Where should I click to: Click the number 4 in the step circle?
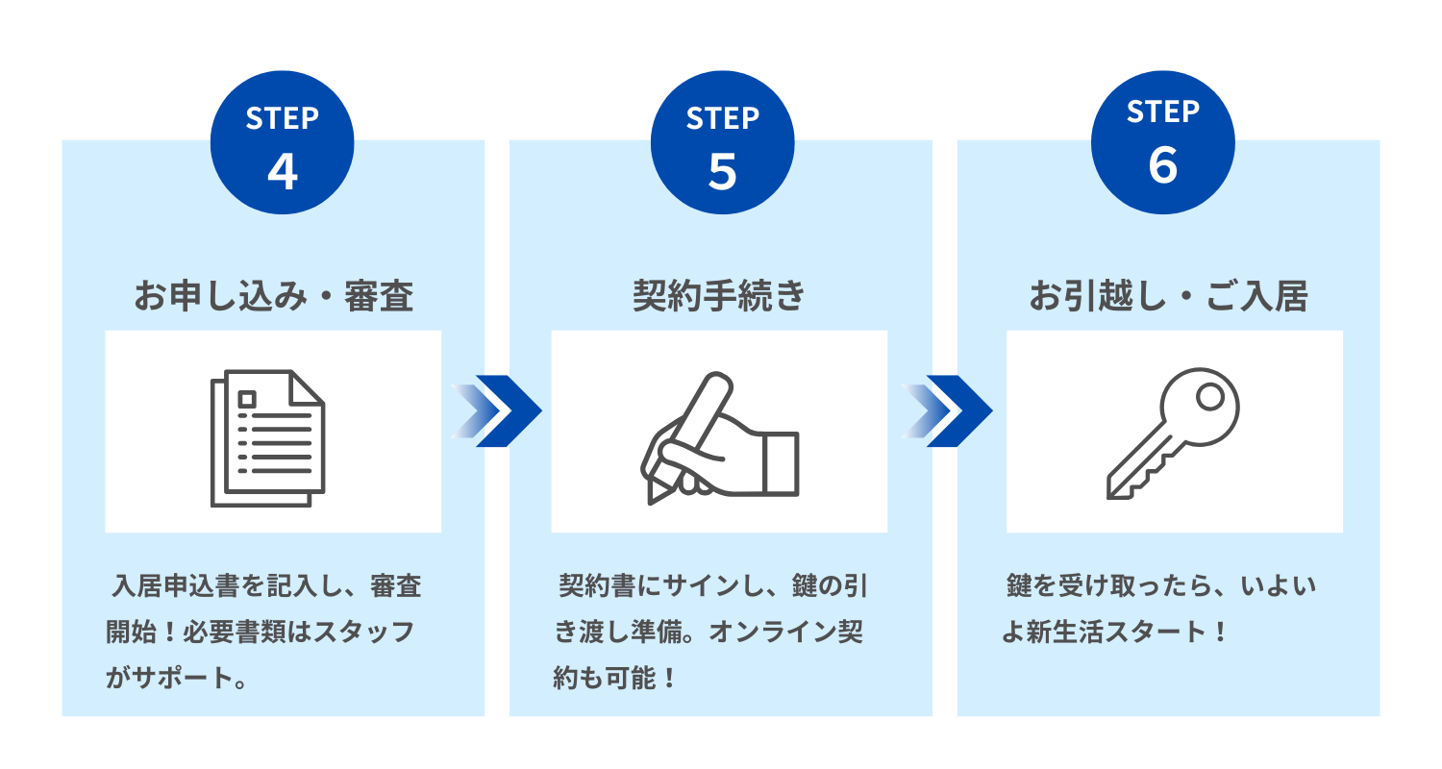[x=283, y=172]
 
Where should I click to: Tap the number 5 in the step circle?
[x=722, y=172]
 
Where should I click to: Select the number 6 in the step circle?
[x=1162, y=165]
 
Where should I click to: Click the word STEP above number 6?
[x=1162, y=112]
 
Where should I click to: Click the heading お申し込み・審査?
[x=274, y=296]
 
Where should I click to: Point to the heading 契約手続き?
[x=719, y=296]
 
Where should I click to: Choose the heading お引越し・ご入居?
[x=1168, y=296]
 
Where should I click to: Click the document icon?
[x=267, y=438]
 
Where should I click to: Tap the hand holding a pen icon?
[x=720, y=437]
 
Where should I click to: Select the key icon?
[x=1173, y=434]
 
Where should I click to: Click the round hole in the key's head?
[x=1210, y=396]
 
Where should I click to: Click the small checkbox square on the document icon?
[x=246, y=400]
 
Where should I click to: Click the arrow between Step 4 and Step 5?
[x=496, y=410]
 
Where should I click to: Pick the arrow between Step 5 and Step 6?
[x=947, y=410]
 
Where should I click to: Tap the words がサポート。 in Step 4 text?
[x=178, y=678]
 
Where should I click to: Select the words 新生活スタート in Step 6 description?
[x=1117, y=632]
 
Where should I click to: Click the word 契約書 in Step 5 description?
[x=597, y=585]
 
